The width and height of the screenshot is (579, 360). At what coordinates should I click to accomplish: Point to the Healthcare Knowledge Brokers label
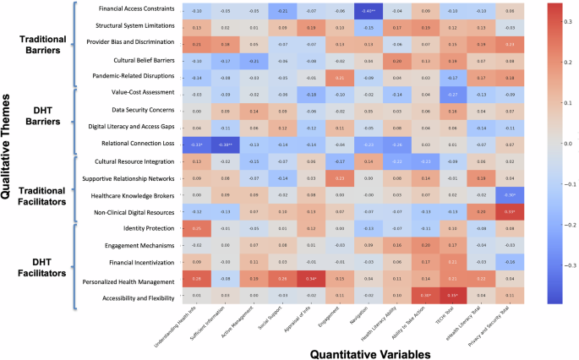tap(136, 194)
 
